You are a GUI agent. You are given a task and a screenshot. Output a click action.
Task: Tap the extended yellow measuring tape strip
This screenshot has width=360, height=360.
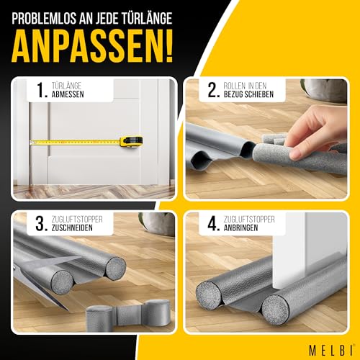pyautogui.click(x=72, y=141)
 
